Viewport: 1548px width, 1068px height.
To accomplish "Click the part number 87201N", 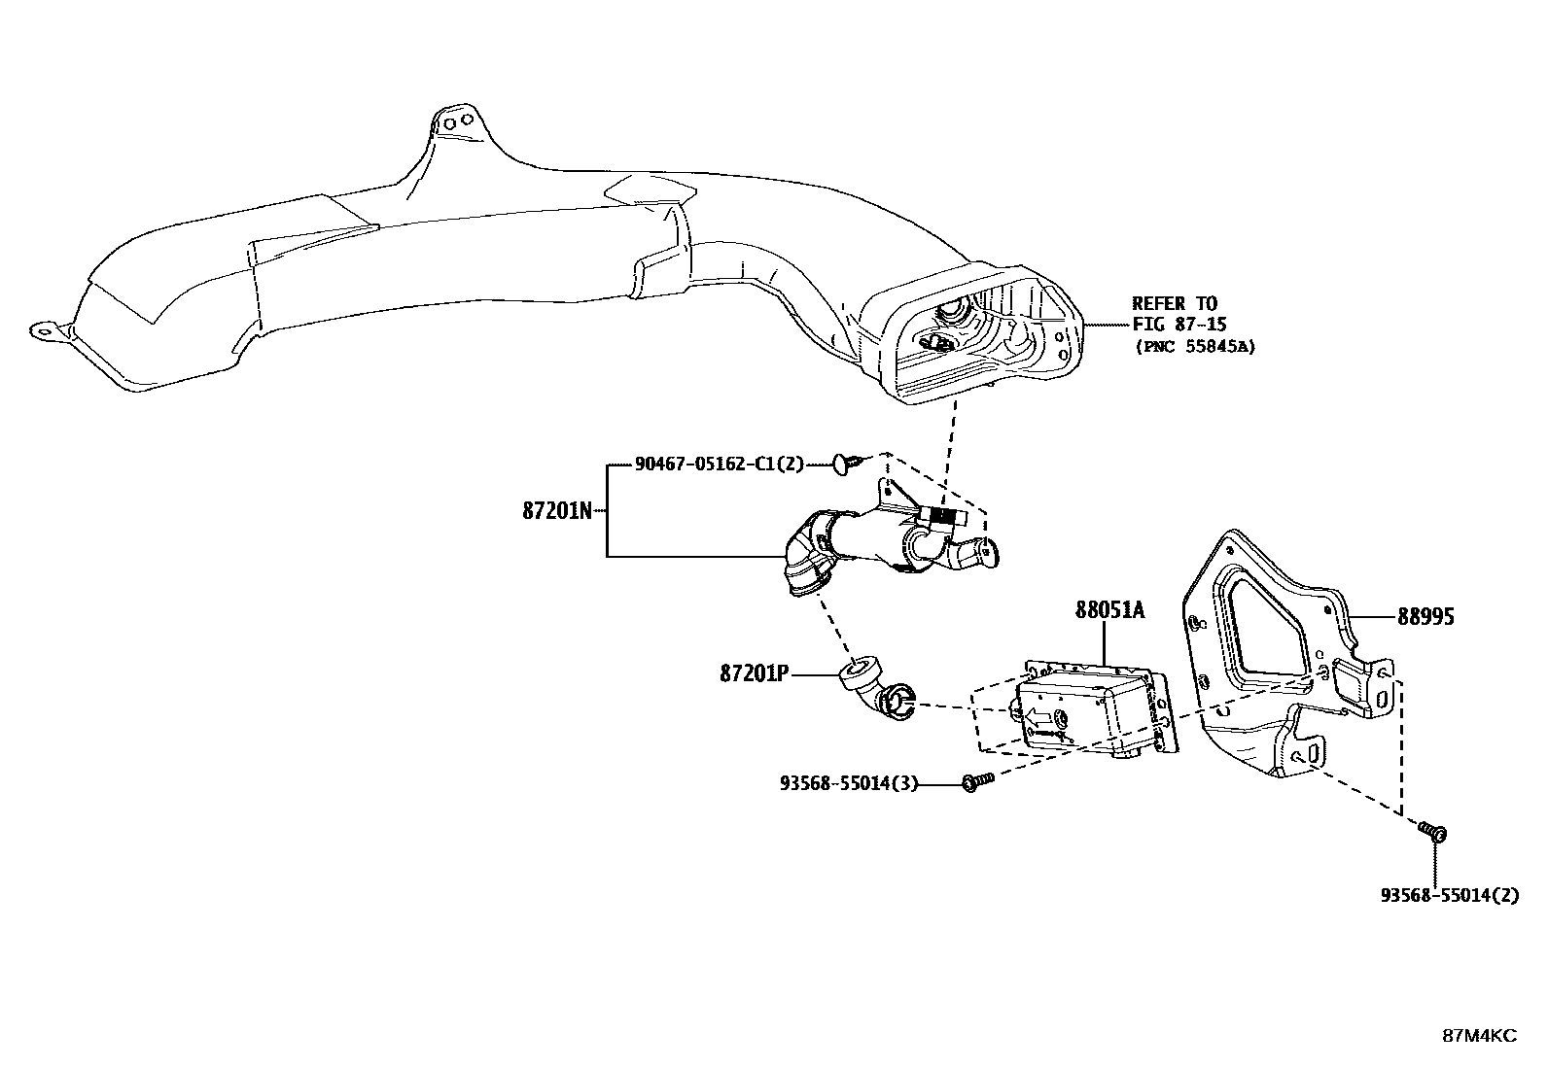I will point(557,510).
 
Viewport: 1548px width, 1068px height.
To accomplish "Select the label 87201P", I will point(754,672).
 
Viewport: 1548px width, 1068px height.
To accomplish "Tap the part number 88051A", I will point(1109,610).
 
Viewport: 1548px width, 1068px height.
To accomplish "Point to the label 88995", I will point(1426,617).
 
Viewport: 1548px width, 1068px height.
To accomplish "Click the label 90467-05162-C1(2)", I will point(720,465).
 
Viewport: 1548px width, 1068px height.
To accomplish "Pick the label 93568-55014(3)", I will point(849,782).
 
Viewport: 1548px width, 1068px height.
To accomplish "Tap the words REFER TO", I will point(1174,304).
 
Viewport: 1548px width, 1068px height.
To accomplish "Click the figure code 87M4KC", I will point(1478,1036).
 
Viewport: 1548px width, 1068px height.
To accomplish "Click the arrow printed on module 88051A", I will point(1038,718).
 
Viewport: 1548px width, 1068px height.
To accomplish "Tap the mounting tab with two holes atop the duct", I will point(453,122).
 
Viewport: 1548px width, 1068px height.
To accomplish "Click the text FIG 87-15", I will point(1176,325).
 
